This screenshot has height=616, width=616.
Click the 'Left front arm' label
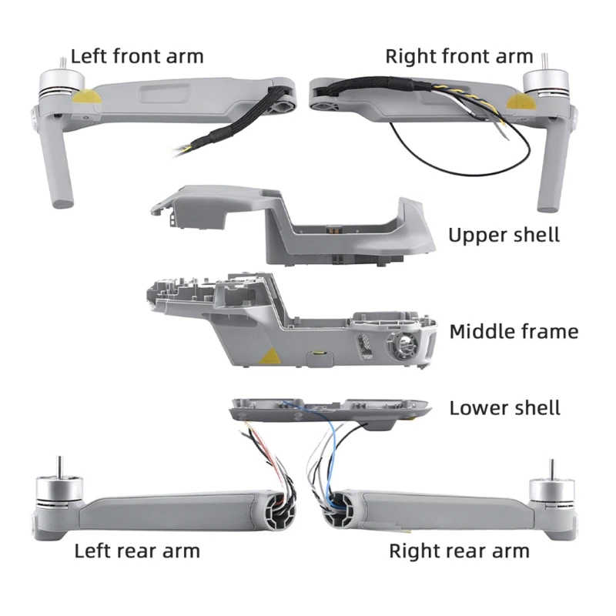[x=137, y=56]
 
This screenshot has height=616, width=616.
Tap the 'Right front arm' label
[x=459, y=56]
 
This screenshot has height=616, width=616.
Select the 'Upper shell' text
[x=504, y=234]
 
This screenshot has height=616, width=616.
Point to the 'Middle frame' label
[x=514, y=332]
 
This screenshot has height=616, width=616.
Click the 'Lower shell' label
[x=504, y=407]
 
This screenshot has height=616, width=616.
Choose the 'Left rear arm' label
[x=137, y=551]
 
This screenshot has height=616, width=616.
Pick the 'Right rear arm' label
[x=459, y=551]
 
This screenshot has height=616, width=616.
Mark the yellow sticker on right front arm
[x=513, y=102]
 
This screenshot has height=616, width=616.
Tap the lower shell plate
[x=331, y=410]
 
